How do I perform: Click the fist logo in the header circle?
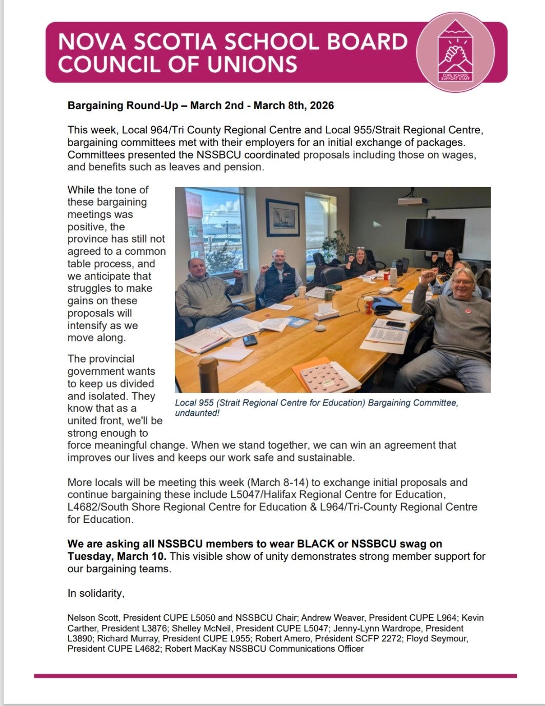455,52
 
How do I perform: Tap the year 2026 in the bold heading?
320,106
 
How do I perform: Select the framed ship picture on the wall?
282,217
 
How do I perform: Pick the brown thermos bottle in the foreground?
208,374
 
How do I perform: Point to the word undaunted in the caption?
196,413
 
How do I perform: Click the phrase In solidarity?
96,593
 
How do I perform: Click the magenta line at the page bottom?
275,676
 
